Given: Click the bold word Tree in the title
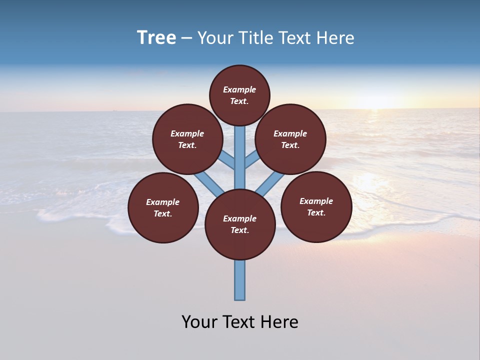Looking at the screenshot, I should coord(156,38).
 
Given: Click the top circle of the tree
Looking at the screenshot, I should coord(239,95).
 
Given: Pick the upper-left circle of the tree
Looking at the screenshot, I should coord(187,139).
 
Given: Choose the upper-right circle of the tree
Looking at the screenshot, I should coord(290,139).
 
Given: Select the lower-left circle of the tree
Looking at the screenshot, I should coord(163,207).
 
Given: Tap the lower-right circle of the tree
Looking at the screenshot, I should coord(316,206).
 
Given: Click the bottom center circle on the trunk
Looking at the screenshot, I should coord(240,224).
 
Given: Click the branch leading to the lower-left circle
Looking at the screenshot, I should coord(209,183).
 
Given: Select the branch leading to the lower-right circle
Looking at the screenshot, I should coord(270,182).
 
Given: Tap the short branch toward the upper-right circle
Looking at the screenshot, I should coord(252,159).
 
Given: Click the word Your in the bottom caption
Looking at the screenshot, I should coord(200,322).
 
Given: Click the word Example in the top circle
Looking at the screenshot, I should coord(239,89).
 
